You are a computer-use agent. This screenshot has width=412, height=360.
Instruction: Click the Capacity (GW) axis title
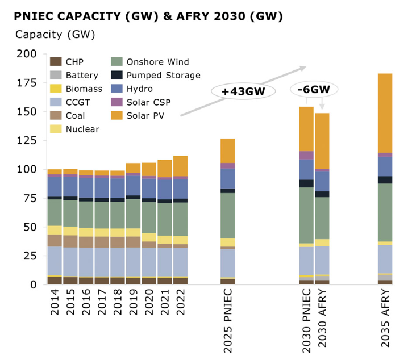[x=55, y=34]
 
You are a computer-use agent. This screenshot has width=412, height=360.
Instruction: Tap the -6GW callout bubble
[x=314, y=89]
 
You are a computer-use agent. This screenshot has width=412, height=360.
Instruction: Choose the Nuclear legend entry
[x=82, y=129]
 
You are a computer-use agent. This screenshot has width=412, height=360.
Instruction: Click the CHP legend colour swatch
[x=56, y=62]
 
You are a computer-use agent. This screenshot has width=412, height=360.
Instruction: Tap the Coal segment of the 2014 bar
[x=55, y=240]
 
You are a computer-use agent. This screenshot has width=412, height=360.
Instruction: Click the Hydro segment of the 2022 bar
[x=181, y=189]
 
